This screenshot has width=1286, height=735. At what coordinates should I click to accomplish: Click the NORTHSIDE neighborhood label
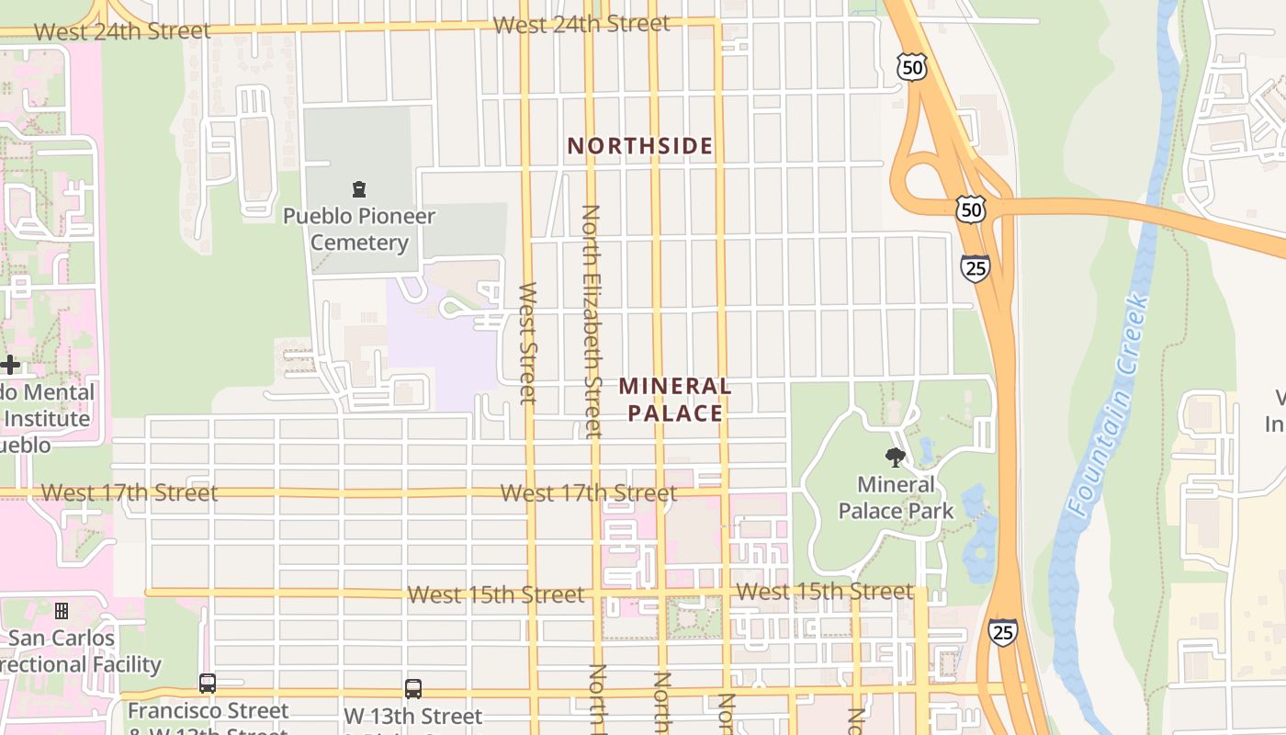(640, 146)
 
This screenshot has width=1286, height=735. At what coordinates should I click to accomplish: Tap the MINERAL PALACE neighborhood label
(675, 400)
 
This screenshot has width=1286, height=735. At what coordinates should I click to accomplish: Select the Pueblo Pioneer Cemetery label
(359, 230)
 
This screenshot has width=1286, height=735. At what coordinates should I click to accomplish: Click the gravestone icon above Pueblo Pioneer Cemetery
(359, 189)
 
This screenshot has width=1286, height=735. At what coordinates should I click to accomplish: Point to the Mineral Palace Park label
(896, 497)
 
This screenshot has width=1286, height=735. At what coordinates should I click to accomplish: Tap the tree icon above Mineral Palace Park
(895, 457)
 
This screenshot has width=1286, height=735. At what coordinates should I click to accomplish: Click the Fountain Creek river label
(1107, 404)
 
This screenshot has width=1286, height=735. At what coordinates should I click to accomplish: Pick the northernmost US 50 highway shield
(912, 66)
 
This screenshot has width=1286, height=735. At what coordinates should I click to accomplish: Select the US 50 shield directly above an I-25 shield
(970, 209)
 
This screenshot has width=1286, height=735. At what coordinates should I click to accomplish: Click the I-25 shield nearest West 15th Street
(1002, 632)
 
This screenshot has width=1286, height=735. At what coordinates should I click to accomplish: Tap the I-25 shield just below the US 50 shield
(975, 268)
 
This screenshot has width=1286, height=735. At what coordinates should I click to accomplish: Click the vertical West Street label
(527, 342)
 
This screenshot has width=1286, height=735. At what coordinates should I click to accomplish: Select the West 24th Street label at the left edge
(122, 31)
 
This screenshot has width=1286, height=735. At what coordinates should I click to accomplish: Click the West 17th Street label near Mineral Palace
(589, 493)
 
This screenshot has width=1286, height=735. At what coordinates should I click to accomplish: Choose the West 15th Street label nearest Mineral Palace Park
(825, 592)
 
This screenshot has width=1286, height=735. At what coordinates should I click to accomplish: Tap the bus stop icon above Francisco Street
(208, 684)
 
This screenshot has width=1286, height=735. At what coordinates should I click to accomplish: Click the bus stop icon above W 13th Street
(413, 688)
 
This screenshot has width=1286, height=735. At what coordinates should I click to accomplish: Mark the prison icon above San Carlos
(62, 610)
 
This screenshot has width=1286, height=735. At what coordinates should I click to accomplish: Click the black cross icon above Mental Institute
(10, 365)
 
